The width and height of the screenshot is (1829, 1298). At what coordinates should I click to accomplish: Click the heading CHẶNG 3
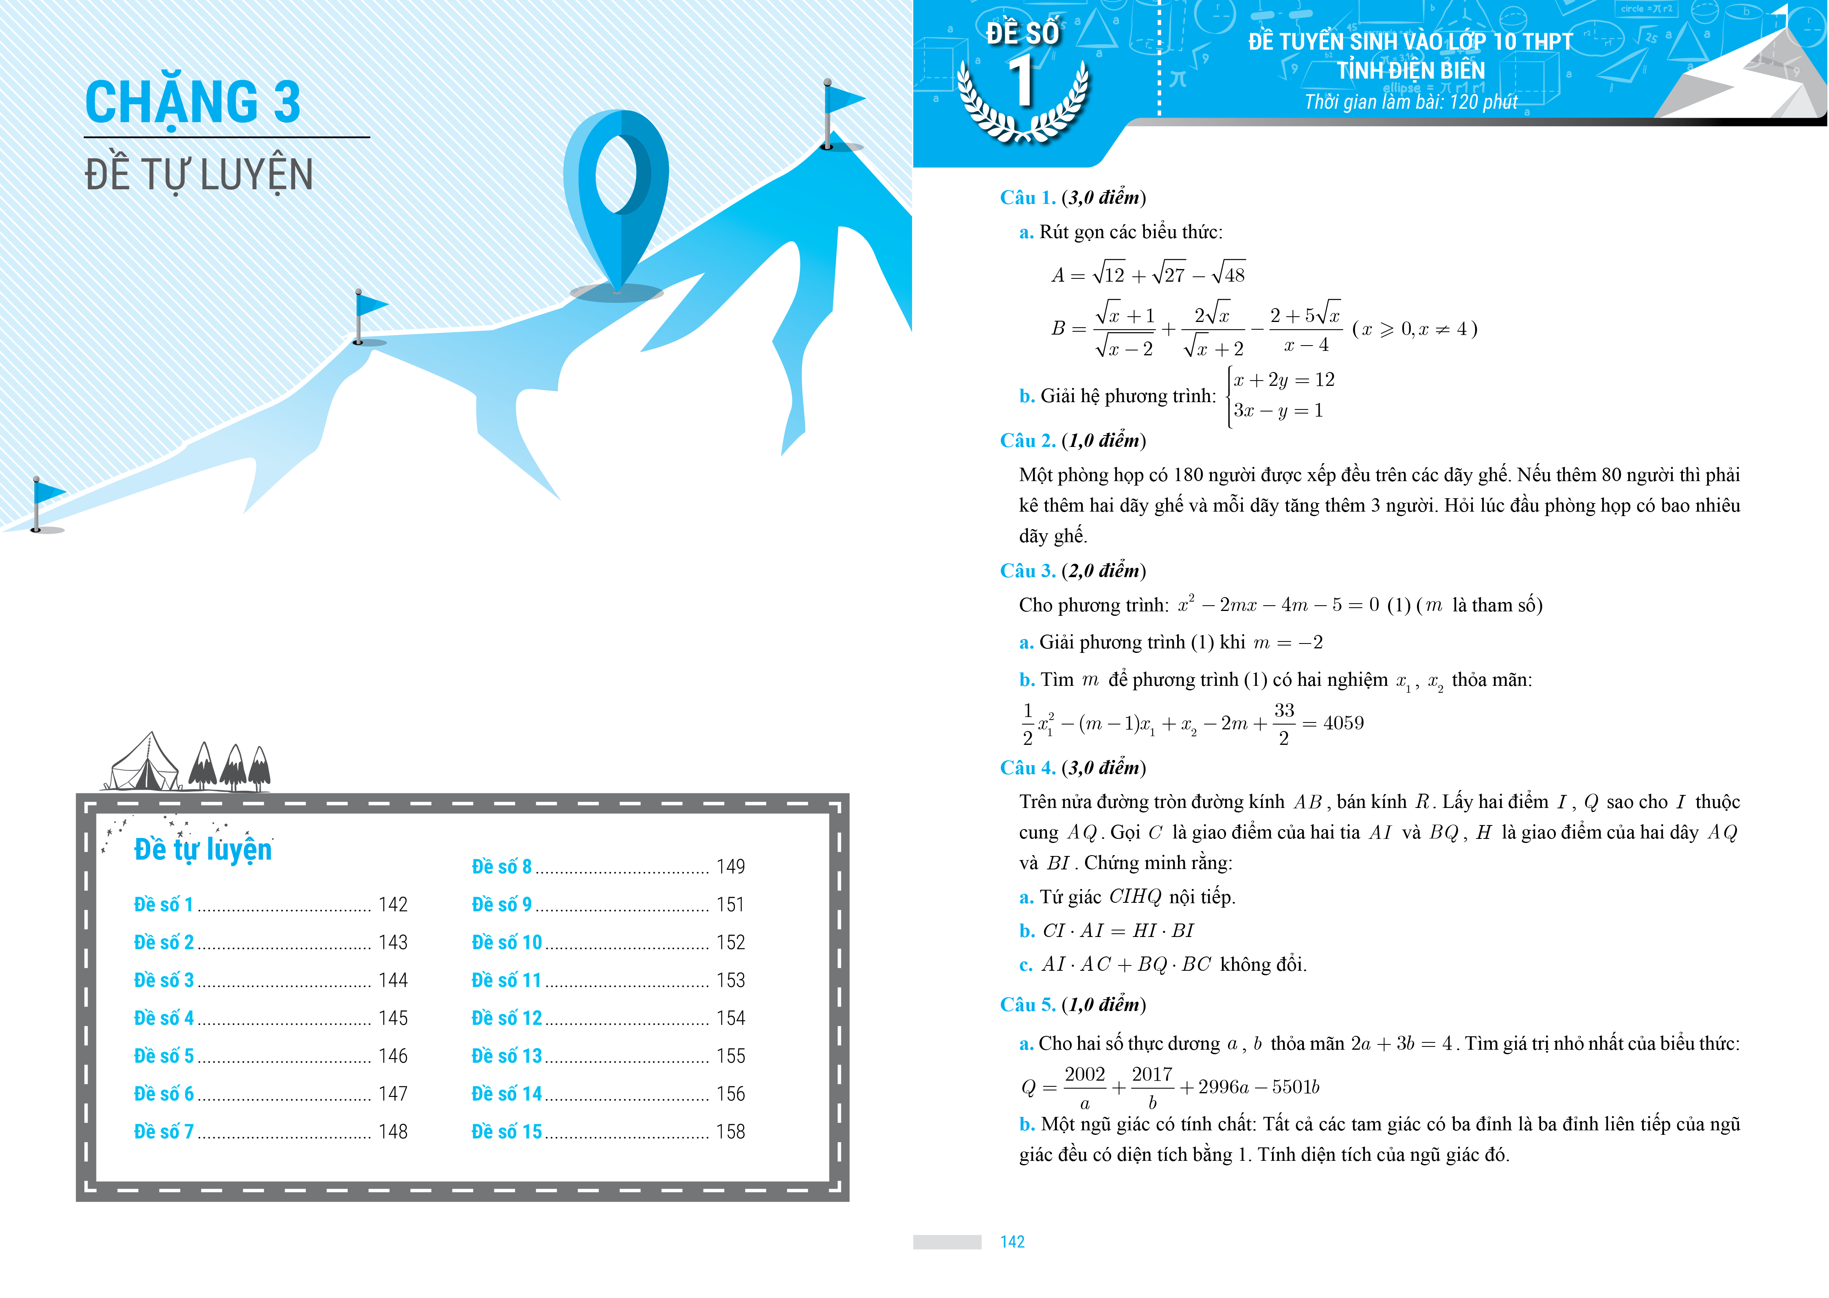[193, 102]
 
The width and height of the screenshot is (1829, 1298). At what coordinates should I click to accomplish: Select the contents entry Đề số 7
[164, 1132]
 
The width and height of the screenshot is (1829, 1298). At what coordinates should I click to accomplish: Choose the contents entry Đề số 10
[507, 942]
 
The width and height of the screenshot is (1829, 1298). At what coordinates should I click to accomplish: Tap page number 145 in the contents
[393, 1018]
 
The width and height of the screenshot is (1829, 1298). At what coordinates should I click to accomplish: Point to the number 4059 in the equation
[1343, 723]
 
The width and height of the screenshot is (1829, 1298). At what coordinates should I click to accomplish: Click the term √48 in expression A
[1229, 275]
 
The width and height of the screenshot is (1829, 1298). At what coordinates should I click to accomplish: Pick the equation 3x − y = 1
[1277, 411]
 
